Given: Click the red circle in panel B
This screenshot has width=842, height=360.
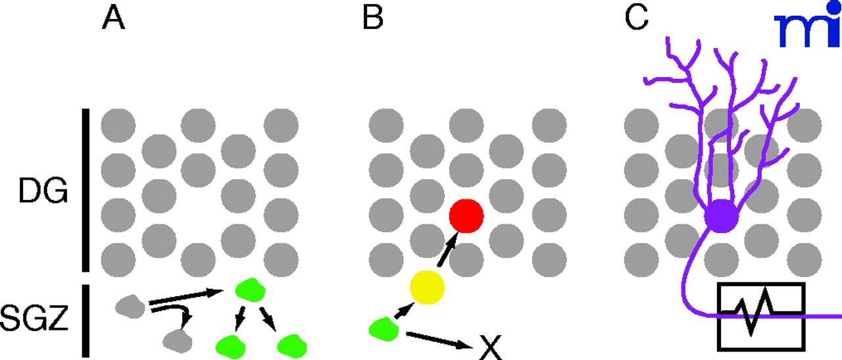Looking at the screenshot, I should pos(466,216).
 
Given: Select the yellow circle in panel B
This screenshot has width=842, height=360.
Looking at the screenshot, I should pos(427,287).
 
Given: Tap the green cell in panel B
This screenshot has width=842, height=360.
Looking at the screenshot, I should pos(382,329).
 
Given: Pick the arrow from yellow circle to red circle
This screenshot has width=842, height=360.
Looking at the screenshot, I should pos(447,251).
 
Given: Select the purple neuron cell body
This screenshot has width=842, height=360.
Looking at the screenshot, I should pos(722,216).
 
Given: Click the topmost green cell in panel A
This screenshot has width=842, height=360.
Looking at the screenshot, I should pos(245,290).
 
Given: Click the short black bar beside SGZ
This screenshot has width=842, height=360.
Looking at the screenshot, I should pos(86,320).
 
